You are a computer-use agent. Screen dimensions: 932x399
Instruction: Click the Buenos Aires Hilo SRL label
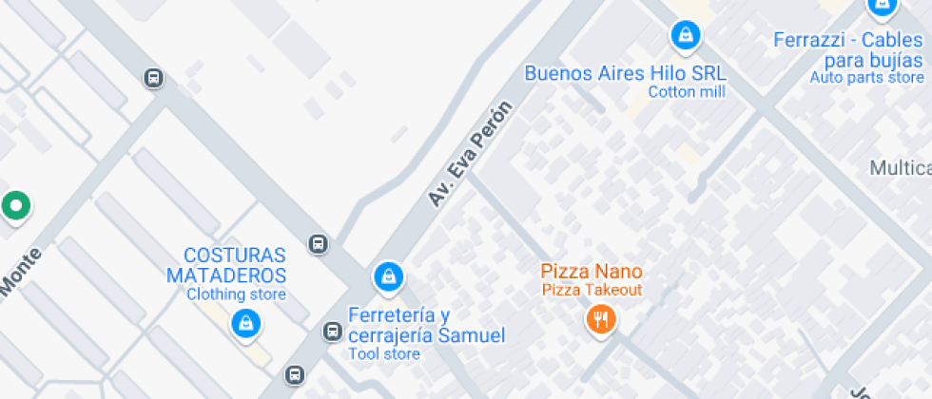tap(625, 73)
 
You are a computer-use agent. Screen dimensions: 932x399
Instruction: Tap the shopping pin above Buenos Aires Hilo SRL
tap(685, 36)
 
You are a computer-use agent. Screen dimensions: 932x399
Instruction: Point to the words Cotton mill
tap(686, 92)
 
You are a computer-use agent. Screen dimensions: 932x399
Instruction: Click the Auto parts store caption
tap(866, 78)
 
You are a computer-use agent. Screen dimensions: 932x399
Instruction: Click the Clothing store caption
tap(236, 294)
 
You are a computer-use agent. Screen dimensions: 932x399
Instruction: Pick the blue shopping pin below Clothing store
tap(246, 324)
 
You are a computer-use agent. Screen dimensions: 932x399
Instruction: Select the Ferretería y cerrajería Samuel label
tap(426, 325)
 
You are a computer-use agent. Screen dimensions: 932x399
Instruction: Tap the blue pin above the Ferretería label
tap(387, 276)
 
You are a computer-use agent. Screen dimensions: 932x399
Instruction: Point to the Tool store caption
tap(384, 354)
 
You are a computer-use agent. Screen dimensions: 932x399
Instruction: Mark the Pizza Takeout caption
tap(592, 290)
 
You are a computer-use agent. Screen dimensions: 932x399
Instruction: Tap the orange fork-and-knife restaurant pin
tap(600, 318)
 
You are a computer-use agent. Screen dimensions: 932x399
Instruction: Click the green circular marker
tap(14, 205)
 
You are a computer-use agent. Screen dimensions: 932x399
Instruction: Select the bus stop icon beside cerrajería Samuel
tap(332, 332)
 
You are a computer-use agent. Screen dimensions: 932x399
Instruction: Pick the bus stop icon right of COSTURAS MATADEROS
tap(319, 244)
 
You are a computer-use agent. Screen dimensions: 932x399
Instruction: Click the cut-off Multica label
tap(900, 168)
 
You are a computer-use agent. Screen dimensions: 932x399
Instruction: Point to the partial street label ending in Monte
tap(20, 272)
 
